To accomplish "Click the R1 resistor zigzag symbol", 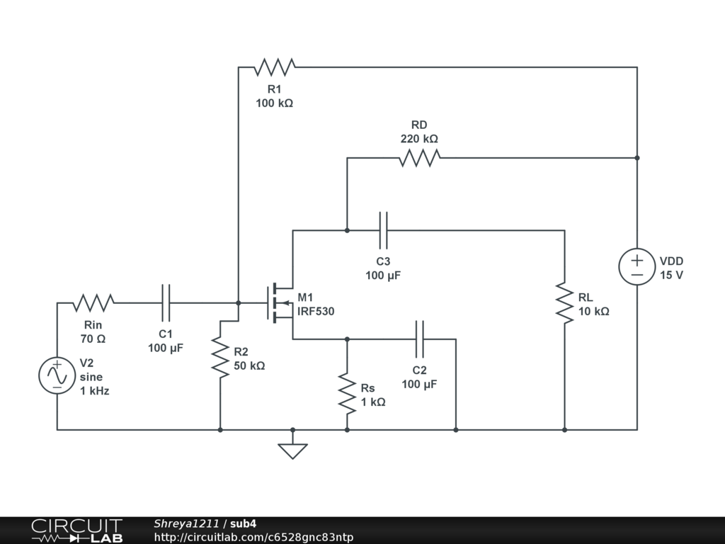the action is pyautogui.click(x=274, y=67).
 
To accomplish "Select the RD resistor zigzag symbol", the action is pyautogui.click(x=419, y=158).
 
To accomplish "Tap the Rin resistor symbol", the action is pyautogui.click(x=93, y=303).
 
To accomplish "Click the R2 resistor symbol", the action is pyautogui.click(x=220, y=358).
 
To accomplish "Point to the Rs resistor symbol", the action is pyautogui.click(x=347, y=394).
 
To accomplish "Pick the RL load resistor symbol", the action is pyautogui.click(x=564, y=303).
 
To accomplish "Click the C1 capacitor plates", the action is pyautogui.click(x=166, y=303).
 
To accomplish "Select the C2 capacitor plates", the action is pyautogui.click(x=419, y=339).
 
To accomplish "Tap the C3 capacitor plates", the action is pyautogui.click(x=383, y=230).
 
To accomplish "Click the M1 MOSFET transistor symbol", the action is pyautogui.click(x=280, y=303).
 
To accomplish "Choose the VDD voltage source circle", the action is pyautogui.click(x=637, y=266).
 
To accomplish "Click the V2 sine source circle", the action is pyautogui.click(x=57, y=375).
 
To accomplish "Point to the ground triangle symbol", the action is pyautogui.click(x=292, y=451).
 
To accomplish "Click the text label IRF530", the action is pyautogui.click(x=316, y=312).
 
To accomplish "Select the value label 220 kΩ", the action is pyautogui.click(x=419, y=139).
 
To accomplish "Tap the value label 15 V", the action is pyautogui.click(x=671, y=275).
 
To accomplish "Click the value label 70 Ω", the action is pyautogui.click(x=93, y=339).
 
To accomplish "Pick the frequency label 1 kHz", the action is pyautogui.click(x=94, y=391).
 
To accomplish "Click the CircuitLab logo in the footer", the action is pyautogui.click(x=77, y=531).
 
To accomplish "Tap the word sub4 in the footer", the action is pyautogui.click(x=244, y=523).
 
